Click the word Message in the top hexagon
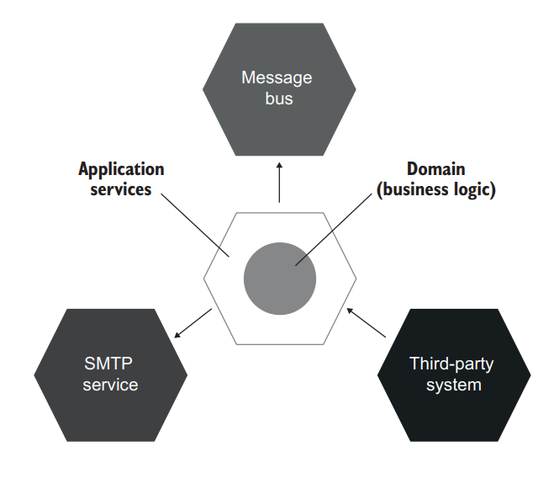pos(277,78)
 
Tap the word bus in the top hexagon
pos(277,98)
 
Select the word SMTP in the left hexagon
pos(109,364)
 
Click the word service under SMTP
pos(110,385)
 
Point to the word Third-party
pos(451,364)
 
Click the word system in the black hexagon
pos(452,385)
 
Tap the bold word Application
pos(121,169)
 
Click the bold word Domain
pos(436,169)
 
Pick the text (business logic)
pos(436,189)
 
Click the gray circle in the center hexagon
pos(279,279)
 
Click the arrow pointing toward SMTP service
pos(191,324)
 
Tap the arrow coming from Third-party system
pos(367,323)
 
